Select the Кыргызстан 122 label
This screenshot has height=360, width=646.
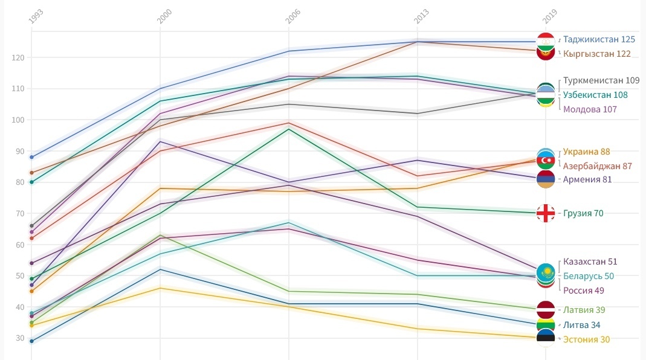596,54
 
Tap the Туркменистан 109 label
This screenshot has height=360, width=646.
601,80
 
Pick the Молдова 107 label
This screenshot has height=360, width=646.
590,109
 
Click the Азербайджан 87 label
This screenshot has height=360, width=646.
597,166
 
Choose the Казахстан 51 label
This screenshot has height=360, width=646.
590,262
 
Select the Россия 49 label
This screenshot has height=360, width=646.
583,291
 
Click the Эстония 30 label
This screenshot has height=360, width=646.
586,339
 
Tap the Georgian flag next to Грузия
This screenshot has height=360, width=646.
546,213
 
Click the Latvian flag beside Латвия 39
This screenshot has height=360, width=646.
546,309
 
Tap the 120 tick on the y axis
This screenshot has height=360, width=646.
17,57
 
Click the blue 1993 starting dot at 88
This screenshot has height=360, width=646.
31,157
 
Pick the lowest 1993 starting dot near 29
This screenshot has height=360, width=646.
31,341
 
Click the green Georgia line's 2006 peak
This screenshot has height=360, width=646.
289,129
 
